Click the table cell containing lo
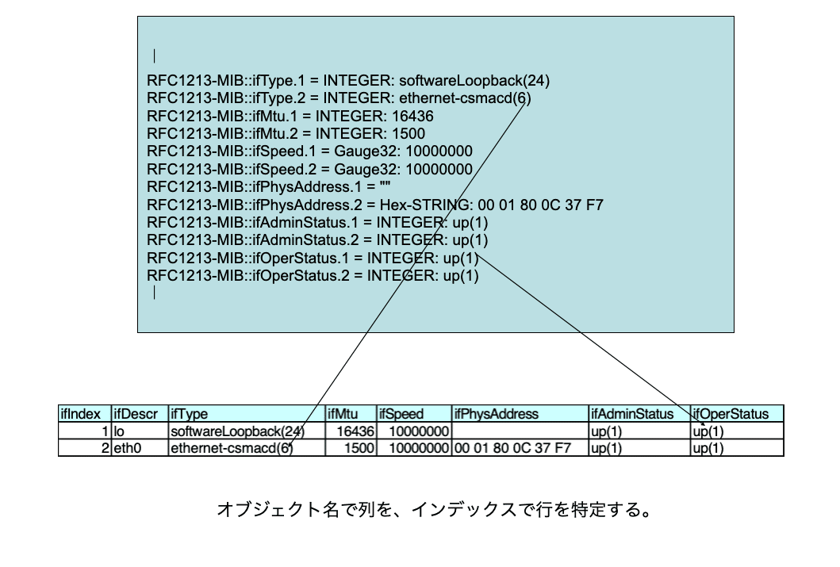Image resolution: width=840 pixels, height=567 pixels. coord(140,431)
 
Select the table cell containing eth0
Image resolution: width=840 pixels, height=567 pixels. coord(140,448)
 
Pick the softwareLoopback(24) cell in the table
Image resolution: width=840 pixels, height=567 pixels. coord(236,431)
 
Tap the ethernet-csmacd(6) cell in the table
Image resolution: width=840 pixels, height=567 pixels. coord(231,448)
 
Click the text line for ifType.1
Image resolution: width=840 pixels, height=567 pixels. coord(348,80)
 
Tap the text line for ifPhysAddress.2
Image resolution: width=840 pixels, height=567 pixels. coord(375,205)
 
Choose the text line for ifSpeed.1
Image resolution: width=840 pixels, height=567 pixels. coord(310,151)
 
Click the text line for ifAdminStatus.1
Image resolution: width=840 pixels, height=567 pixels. coord(317,222)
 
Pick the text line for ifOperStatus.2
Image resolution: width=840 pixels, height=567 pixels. coord(313,275)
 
